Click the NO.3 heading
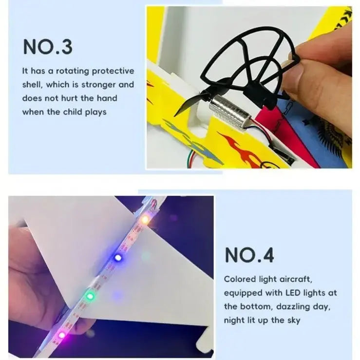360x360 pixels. pyautogui.click(x=48, y=47)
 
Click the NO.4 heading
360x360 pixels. pyautogui.click(x=249, y=255)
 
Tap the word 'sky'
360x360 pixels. pyautogui.click(x=294, y=320)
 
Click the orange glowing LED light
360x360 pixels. pyautogui.click(x=145, y=220)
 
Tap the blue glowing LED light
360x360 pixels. pyautogui.click(x=118, y=258)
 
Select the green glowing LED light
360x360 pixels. pyautogui.click(x=90, y=296)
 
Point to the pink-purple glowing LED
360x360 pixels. pyautogui.click(x=61, y=335)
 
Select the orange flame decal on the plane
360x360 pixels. pyautogui.click(x=239, y=147)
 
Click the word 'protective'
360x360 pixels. pyautogui.click(x=113, y=71)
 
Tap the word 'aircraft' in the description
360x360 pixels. pyautogui.click(x=296, y=279)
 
